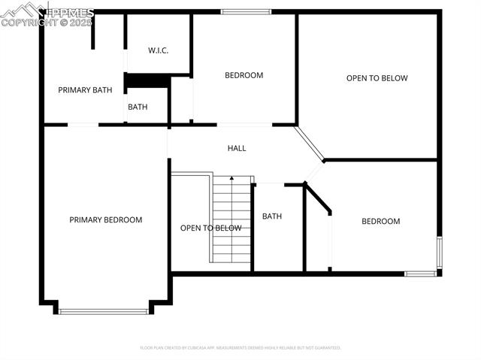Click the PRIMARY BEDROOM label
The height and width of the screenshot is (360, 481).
(105, 220)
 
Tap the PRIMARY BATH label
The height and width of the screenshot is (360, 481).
(85, 90)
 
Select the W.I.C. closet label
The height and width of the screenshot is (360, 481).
(158, 50)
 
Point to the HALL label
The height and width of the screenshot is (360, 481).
(237, 148)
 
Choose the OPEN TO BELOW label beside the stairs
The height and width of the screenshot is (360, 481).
(210, 228)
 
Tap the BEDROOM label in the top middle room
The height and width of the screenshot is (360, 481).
(244, 75)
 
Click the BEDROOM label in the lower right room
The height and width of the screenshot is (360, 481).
(380, 221)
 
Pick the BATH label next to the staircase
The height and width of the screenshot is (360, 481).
(271, 216)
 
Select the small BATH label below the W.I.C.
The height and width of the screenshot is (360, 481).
(138, 107)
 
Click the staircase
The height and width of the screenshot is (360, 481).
(231, 222)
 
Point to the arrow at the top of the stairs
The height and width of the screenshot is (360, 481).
(231, 179)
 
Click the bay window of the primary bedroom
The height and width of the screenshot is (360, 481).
(104, 310)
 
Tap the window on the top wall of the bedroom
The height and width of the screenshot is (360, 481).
(246, 11)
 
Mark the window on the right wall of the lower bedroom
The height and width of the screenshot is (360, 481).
(440, 253)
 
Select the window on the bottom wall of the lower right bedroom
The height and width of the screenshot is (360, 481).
(420, 274)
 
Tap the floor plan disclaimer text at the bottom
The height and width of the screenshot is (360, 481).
(240, 348)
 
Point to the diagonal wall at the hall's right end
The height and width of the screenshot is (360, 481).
(309, 144)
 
